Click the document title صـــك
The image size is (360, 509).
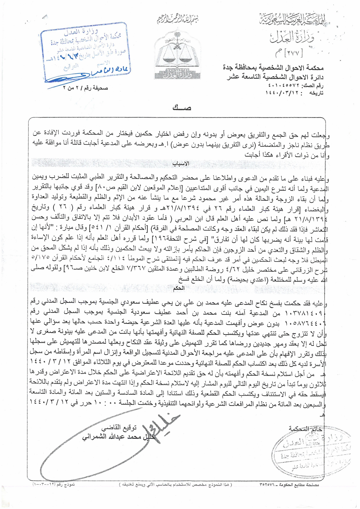182,108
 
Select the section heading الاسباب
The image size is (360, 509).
181,163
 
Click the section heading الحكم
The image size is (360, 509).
179,288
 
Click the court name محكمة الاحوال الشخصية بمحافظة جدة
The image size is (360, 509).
273,68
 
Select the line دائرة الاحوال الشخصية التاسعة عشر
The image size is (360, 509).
275,77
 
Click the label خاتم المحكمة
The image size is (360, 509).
305,429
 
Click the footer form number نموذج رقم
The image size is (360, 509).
53,484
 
